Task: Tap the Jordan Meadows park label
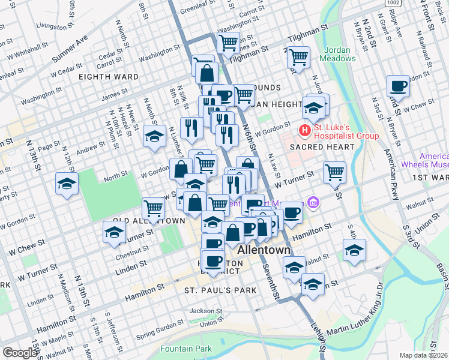click(340, 54)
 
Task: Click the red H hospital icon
click(305, 130)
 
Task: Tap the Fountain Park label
click(186, 349)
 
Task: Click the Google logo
click(19, 353)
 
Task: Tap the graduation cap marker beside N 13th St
click(67, 184)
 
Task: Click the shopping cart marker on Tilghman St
click(298, 58)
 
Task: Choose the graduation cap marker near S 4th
click(354, 250)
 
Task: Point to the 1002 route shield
click(394, 4)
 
